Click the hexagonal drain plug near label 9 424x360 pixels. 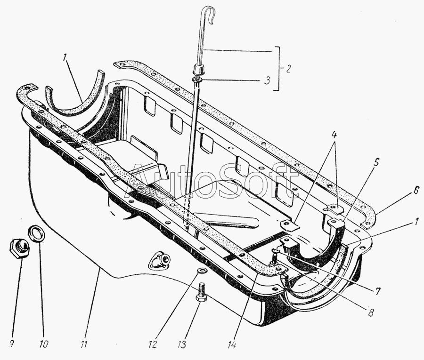coord(18,248)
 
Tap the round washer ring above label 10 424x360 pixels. coord(37,233)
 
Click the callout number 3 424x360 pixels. coord(267,81)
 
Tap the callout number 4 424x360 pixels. coord(334,134)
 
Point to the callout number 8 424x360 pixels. coord(370,312)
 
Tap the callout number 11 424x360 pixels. coord(84,344)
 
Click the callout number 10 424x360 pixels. coord(43,344)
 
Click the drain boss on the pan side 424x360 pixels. coord(160,260)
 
